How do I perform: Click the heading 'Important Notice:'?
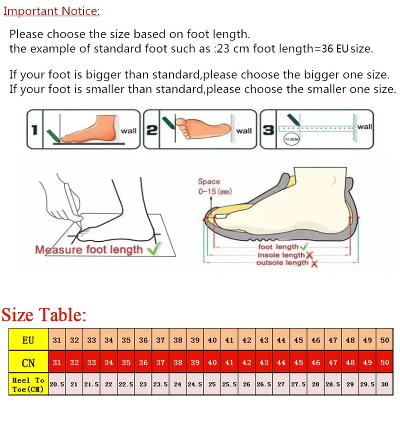click(51, 11)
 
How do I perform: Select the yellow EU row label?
click(28, 340)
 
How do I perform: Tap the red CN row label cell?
click(28, 362)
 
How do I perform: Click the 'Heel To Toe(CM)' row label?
click(28, 384)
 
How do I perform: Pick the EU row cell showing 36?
click(143, 340)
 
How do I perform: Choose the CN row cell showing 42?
click(247, 362)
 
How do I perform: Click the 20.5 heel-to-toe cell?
click(57, 384)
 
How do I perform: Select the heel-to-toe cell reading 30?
click(384, 384)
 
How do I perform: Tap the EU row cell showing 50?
click(384, 340)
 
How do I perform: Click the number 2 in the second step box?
click(151, 130)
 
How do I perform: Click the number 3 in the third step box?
click(268, 130)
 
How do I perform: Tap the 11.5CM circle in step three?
click(291, 139)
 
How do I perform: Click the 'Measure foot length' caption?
click(89, 249)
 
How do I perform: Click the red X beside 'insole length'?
click(309, 255)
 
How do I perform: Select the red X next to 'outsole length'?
click(314, 263)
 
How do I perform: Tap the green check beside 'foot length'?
click(303, 247)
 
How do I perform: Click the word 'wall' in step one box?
click(128, 131)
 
